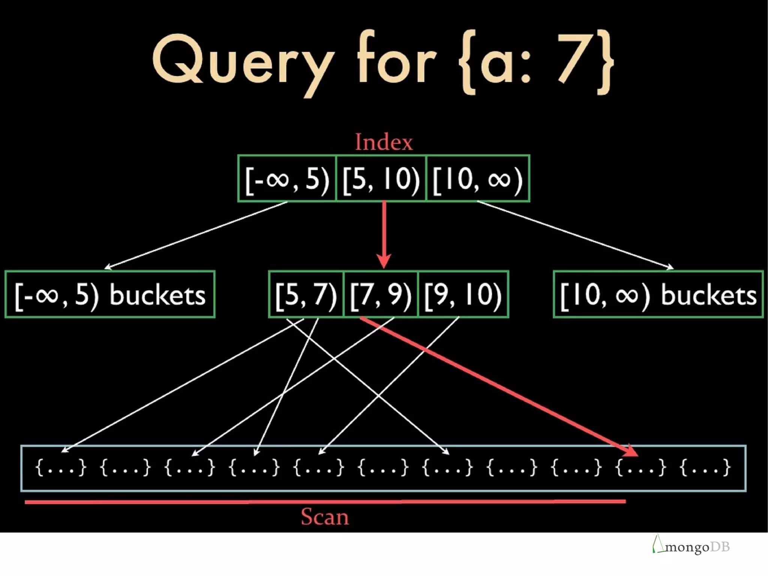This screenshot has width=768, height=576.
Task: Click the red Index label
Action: (x=384, y=142)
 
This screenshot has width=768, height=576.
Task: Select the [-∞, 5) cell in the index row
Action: (x=287, y=178)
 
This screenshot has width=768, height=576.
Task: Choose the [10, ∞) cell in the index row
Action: (x=478, y=178)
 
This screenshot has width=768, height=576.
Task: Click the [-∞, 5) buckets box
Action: (x=110, y=294)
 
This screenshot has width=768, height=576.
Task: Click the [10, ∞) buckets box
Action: (x=658, y=294)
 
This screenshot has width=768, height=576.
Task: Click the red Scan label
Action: (x=325, y=517)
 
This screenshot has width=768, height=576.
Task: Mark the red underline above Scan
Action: (x=325, y=501)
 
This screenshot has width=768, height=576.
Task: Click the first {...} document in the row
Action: (x=61, y=468)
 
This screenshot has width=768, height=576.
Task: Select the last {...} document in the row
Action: (x=705, y=468)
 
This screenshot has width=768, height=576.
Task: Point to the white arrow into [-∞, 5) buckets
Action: (x=195, y=235)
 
